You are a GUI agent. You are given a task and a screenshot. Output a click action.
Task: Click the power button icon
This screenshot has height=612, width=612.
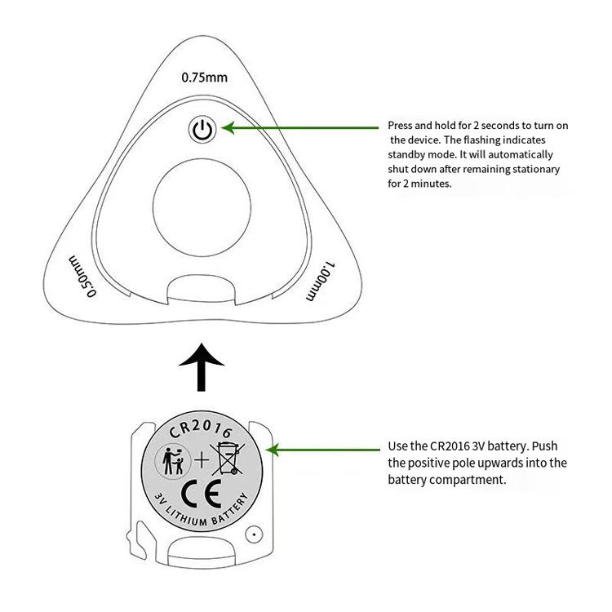(202, 129)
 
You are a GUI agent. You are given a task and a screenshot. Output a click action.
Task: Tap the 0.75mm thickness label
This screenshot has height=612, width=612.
(204, 78)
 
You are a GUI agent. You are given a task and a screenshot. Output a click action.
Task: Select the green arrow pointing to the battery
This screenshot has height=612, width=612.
(326, 449)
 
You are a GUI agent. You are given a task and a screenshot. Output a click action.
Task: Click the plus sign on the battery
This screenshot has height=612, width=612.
(200, 461)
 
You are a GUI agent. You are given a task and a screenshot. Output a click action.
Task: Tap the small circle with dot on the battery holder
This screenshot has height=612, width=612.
(255, 535)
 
